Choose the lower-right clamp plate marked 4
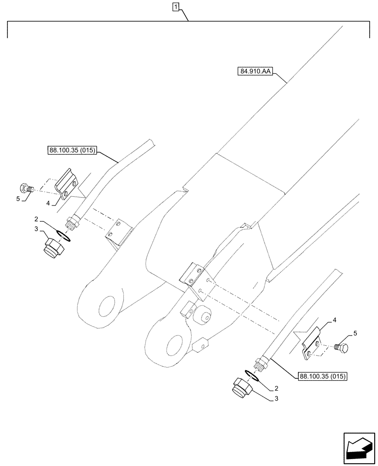[x=312, y=343]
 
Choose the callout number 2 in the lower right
[x=277, y=387]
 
